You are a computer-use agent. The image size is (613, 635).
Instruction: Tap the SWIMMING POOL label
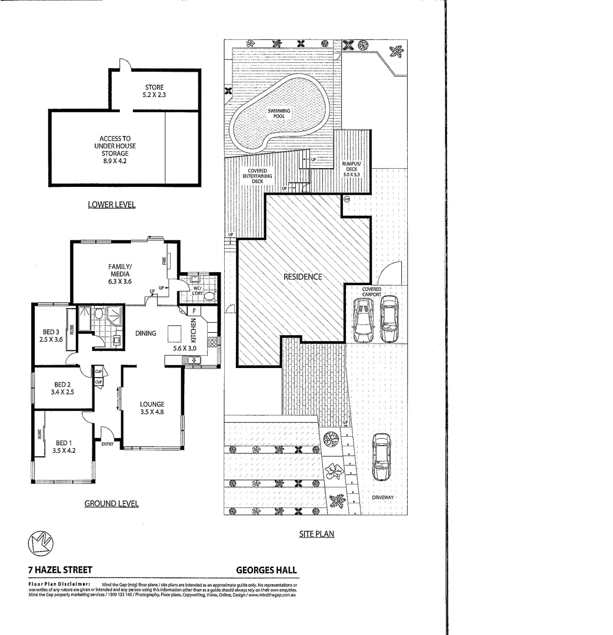(x=279, y=113)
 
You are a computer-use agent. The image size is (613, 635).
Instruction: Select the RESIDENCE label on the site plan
(x=302, y=276)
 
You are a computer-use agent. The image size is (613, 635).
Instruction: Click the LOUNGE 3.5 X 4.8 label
(x=152, y=407)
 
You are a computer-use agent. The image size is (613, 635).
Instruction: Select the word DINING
(x=145, y=333)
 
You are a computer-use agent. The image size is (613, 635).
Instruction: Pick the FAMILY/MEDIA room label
(x=120, y=273)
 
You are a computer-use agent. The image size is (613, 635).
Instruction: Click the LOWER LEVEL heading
(x=111, y=205)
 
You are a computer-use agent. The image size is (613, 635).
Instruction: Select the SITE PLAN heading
(x=317, y=534)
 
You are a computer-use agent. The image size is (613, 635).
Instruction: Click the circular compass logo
(x=41, y=543)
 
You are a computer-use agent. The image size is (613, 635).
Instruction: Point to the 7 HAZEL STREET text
(x=59, y=570)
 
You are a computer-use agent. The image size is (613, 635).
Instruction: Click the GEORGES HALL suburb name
(x=266, y=570)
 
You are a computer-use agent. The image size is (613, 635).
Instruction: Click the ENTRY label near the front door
(x=108, y=444)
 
